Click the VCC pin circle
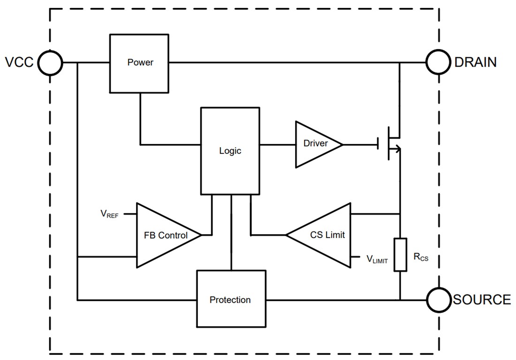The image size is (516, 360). (50, 62)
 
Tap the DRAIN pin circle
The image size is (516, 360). (438, 62)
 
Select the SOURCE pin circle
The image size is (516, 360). (438, 300)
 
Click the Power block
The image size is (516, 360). (139, 63)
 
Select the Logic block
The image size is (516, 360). (230, 150)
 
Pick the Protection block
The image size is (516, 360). (230, 299)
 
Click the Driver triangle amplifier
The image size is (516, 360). (315, 144)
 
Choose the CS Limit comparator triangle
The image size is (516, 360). (324, 235)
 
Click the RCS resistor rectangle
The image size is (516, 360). (400, 255)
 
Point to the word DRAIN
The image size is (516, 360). (475, 62)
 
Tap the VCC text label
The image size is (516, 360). (19, 62)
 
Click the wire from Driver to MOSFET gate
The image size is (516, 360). (360, 144)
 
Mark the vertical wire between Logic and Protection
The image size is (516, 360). (231, 232)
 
